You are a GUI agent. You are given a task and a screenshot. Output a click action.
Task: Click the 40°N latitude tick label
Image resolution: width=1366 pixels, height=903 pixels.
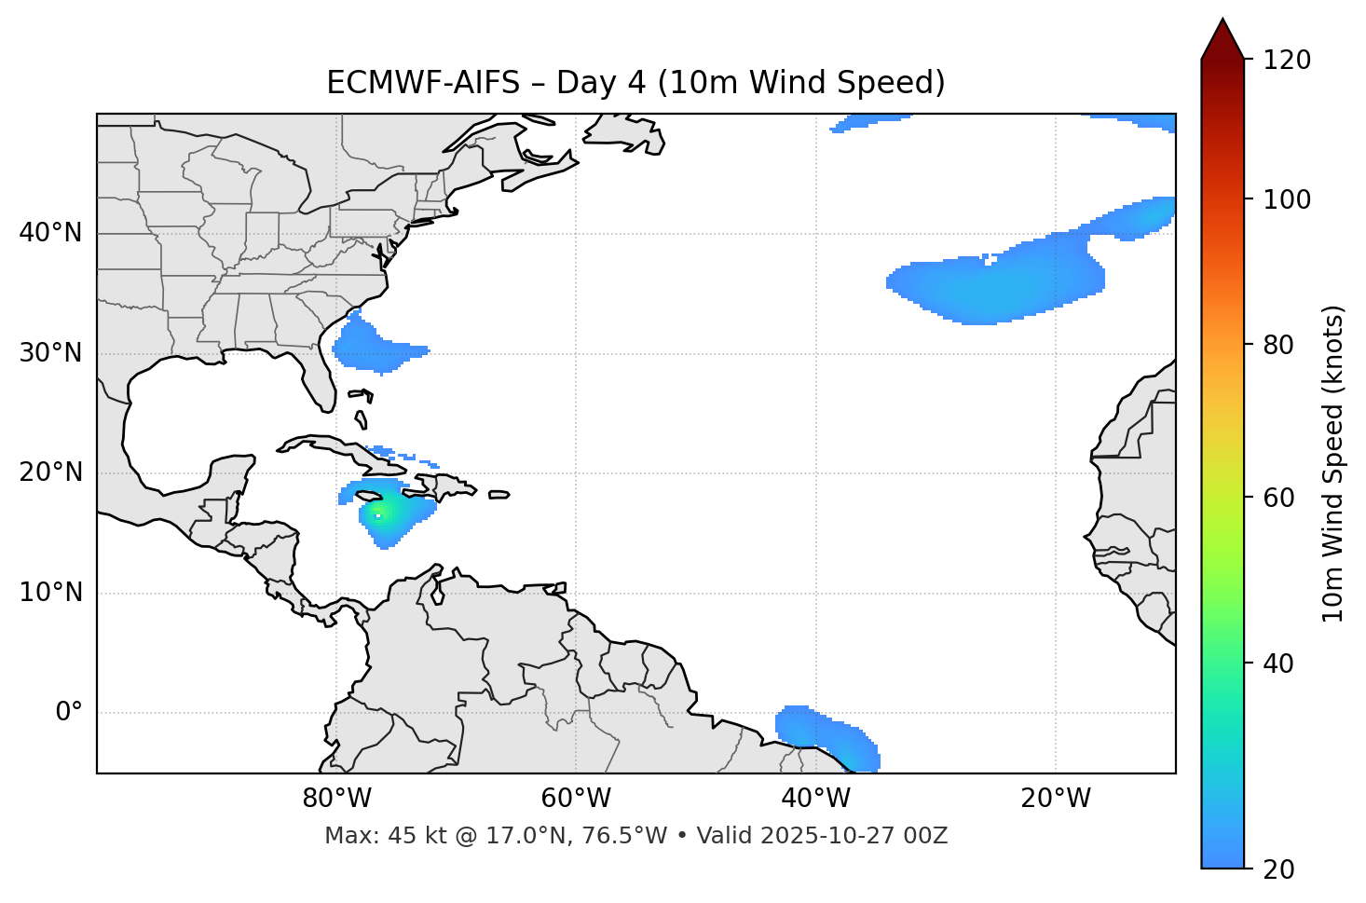pos(50,233)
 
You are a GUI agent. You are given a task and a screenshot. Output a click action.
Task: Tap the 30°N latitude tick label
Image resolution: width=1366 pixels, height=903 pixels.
pos(50,353)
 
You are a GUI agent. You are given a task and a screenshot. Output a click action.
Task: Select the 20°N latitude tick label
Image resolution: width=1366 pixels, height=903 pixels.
pos(50,472)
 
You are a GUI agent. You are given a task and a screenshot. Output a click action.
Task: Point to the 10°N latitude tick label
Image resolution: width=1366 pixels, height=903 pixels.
pos(50,593)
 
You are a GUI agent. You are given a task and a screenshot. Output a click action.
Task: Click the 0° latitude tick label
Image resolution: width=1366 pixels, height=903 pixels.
pos(69,713)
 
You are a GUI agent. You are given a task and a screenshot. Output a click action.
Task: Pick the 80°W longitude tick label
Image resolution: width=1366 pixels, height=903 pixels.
pos(336,799)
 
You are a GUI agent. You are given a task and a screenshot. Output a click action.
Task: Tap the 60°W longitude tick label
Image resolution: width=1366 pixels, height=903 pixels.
pos(576,799)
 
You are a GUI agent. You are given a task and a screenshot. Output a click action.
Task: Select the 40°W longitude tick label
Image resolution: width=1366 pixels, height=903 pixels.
pos(816,799)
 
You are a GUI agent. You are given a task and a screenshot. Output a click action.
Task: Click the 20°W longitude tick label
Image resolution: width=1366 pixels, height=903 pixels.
pos(1056,799)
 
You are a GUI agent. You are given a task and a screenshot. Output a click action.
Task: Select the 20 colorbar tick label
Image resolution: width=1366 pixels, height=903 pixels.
pos(1278,869)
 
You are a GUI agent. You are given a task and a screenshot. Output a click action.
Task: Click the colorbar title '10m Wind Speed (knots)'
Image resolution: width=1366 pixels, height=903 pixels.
pos(1333,463)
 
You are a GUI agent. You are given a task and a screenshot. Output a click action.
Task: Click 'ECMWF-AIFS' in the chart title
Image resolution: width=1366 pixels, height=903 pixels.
pos(422,83)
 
